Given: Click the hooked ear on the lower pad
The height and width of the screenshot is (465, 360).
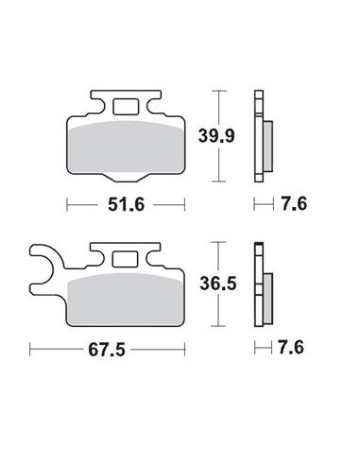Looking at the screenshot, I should (45, 265).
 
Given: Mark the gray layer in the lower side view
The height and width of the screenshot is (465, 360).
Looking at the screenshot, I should (267, 293).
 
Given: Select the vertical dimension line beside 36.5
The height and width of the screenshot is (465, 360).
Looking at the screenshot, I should (219, 281).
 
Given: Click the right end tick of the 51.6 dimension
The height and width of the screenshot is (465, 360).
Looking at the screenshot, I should (186, 203).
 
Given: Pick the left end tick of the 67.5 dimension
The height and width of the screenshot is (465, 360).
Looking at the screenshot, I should (30, 352).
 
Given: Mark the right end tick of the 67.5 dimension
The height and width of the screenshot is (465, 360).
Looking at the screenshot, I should (186, 352).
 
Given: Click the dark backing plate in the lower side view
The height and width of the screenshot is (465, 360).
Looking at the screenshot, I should (257, 284).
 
